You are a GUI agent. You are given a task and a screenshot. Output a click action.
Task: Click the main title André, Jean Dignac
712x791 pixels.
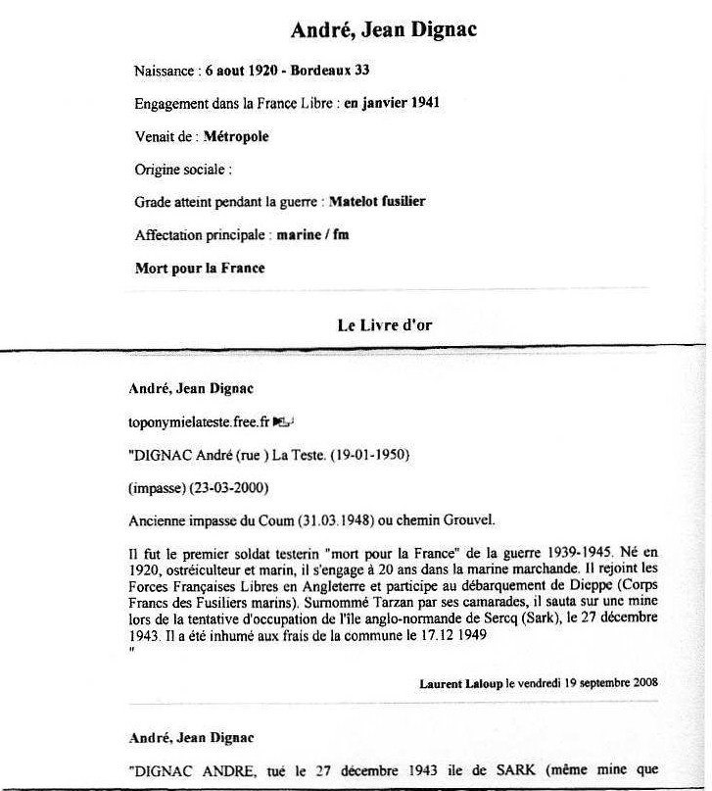pos(384,30)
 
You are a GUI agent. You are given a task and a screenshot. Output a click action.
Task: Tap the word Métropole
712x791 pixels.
pos(236,136)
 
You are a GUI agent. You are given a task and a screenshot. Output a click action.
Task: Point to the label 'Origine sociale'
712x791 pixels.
pos(182,170)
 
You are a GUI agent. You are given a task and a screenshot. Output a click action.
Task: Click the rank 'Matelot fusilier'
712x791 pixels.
pos(377,202)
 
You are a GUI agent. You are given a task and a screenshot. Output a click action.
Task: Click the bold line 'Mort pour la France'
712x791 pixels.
pos(200,268)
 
